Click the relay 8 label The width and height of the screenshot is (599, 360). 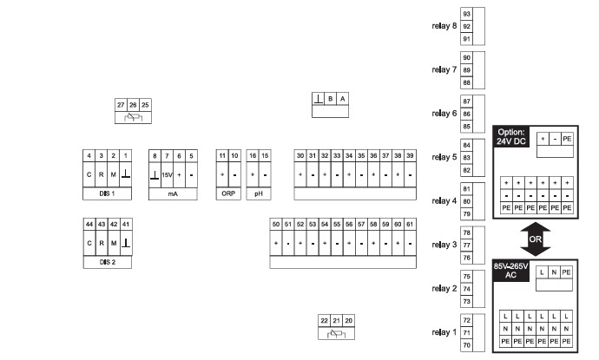[444, 26]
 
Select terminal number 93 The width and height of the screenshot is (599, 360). [466, 14]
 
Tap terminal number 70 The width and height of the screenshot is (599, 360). [466, 345]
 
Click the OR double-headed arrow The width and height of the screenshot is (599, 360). [536, 239]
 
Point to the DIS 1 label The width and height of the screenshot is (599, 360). [107, 193]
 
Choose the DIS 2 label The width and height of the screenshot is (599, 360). [107, 262]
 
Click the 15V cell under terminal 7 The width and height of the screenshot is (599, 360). [167, 175]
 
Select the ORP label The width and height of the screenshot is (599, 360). [228, 193]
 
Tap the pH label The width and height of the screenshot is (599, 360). [259, 193]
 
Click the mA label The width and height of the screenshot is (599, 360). [173, 193]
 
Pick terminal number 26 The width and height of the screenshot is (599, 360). [133, 105]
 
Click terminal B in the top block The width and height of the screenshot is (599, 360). [331, 99]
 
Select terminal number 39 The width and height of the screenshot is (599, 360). [410, 155]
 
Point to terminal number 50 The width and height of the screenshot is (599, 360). [276, 224]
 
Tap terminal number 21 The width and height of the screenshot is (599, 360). [336, 321]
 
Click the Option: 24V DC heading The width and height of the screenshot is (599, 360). [511, 137]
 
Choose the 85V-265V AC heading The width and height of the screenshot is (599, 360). [510, 271]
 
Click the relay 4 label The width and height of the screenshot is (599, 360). [444, 200]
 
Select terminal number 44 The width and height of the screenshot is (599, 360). [89, 224]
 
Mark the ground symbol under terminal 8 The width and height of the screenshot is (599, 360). [155, 175]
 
